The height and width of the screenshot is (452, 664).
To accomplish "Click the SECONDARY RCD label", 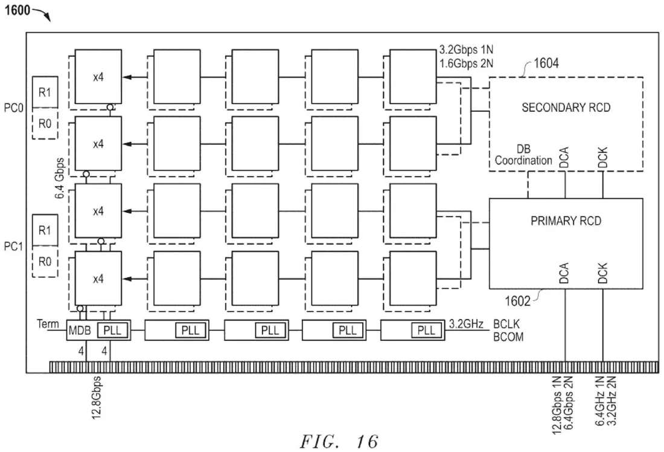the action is [566, 108].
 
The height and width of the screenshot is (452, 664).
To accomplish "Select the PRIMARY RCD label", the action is [566, 221].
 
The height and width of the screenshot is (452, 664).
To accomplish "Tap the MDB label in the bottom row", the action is [80, 331].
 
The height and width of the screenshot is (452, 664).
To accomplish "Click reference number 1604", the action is [546, 63].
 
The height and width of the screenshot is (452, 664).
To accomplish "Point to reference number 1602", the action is [517, 301].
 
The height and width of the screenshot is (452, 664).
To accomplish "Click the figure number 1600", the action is [18, 10].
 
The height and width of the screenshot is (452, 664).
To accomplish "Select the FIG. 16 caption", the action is [339, 442].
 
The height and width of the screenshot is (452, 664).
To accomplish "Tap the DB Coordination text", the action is [523, 155].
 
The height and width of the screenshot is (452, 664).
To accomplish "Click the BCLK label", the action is [506, 324].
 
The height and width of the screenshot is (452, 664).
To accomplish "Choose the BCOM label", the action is [508, 337].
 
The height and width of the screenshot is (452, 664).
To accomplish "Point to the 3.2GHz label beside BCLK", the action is [466, 324].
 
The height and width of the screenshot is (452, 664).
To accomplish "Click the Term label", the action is [48, 324].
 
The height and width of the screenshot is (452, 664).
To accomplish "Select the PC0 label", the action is [13, 109].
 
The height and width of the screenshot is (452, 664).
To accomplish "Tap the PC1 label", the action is [13, 247].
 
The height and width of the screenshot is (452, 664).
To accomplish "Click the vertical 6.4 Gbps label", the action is [60, 178].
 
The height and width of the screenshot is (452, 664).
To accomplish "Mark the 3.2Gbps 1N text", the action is [466, 50].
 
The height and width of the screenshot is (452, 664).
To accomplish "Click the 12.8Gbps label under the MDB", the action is [97, 398].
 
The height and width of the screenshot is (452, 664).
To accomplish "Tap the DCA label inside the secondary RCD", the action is [564, 157].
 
